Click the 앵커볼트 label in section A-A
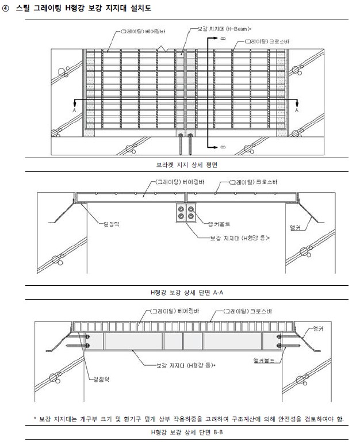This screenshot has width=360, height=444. [212, 223]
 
